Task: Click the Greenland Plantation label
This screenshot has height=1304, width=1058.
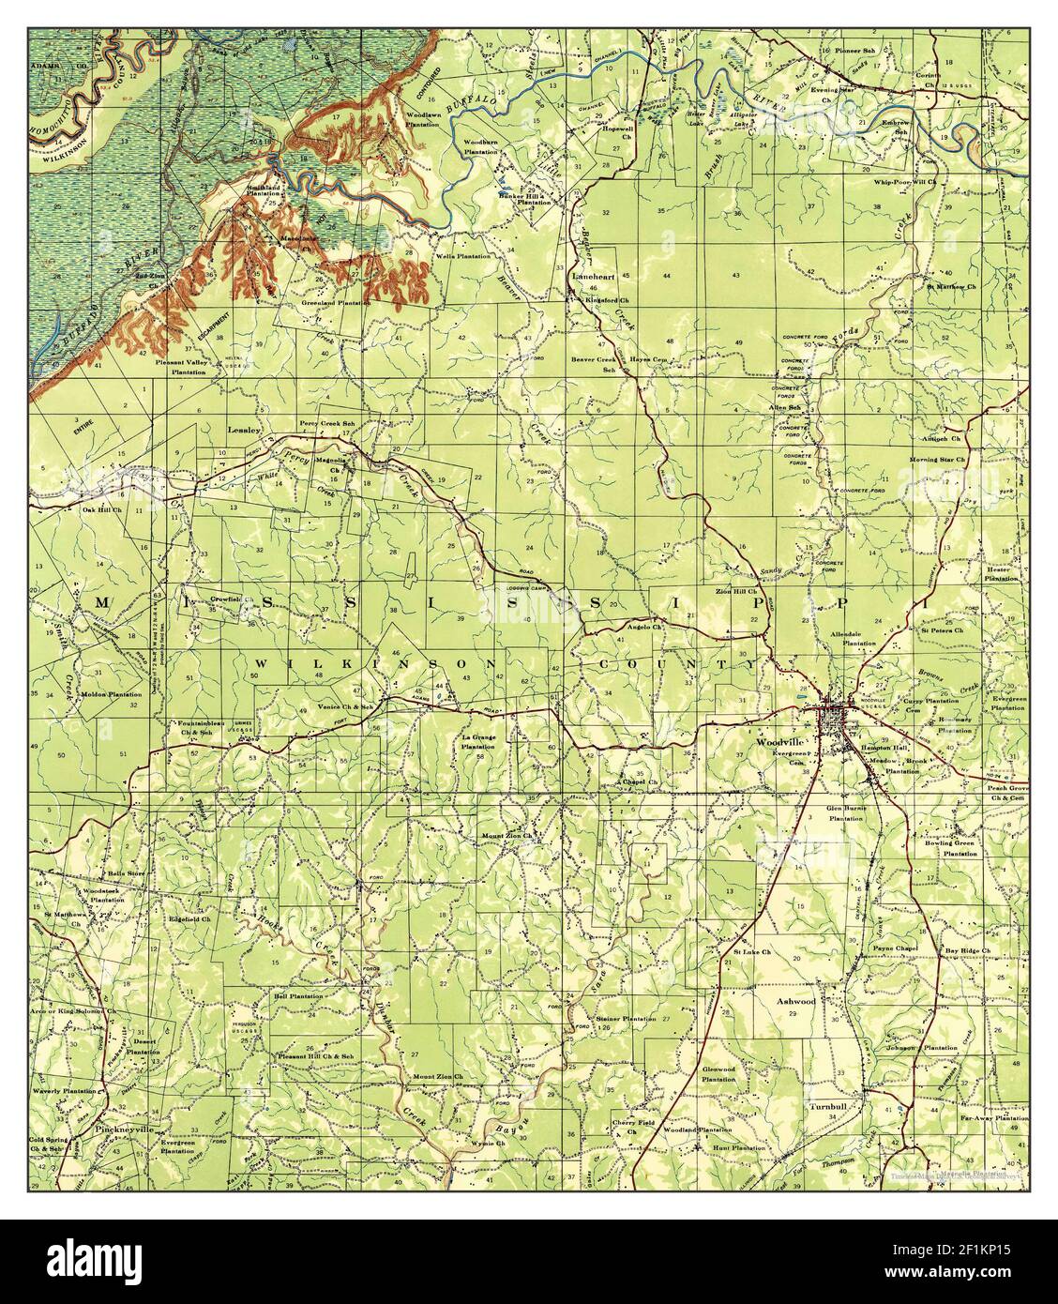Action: [335, 304]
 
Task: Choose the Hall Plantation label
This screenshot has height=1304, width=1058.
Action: [293, 993]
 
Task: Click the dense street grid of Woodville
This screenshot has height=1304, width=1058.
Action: [835, 720]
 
